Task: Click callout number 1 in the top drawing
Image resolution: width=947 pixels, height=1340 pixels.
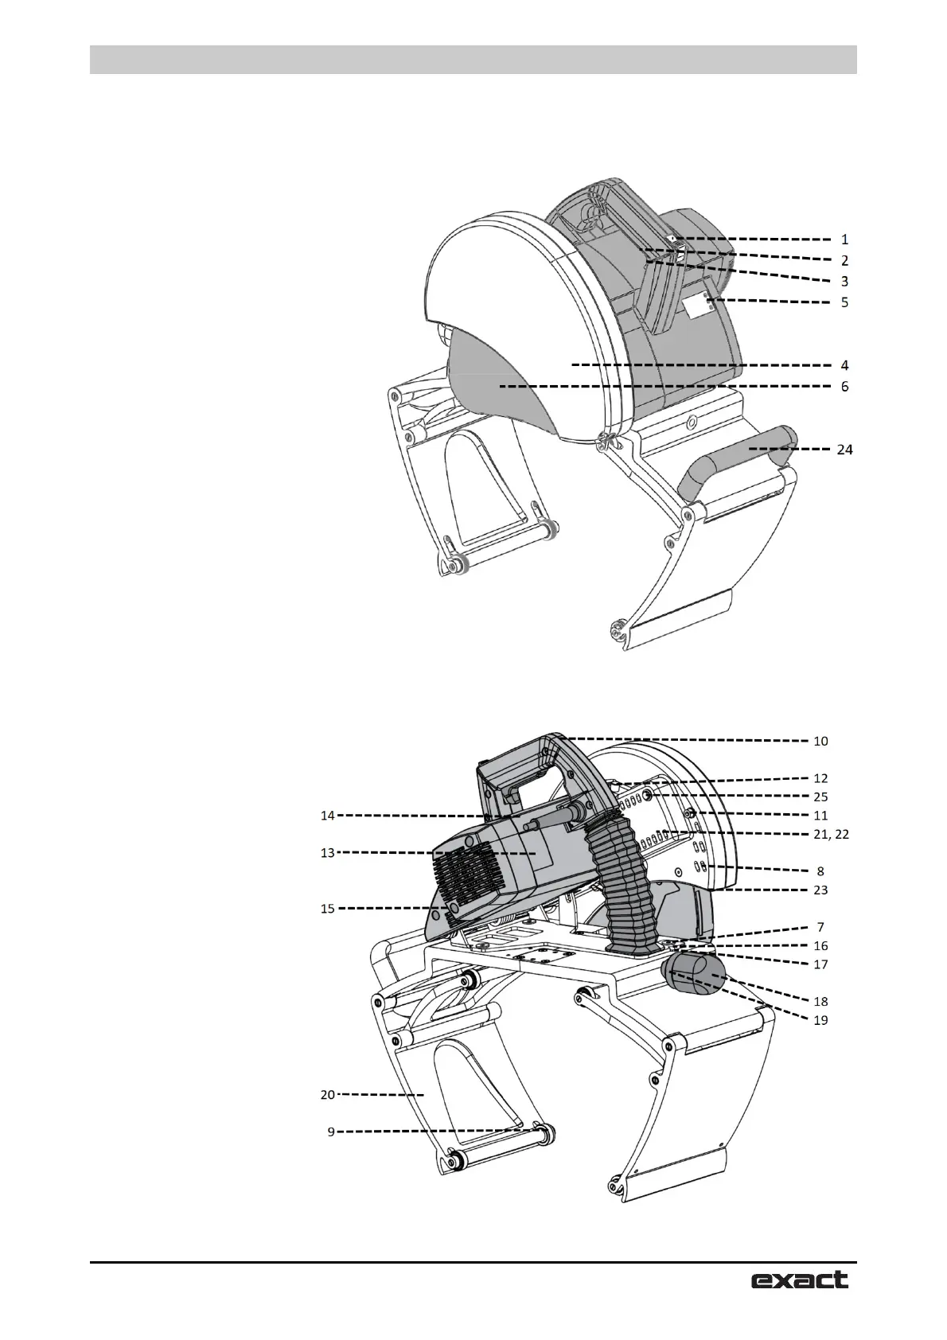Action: point(844,239)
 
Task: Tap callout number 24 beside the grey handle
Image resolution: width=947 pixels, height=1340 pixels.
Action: point(844,450)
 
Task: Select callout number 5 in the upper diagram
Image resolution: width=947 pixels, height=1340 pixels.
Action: point(844,302)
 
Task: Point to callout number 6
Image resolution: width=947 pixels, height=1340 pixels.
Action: point(844,387)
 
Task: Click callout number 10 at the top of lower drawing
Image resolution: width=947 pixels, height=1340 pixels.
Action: point(820,741)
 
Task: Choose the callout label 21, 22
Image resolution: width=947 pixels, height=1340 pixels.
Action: point(832,834)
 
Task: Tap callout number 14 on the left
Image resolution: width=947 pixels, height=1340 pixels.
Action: point(328,815)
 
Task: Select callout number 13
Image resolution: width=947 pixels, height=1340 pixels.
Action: point(328,853)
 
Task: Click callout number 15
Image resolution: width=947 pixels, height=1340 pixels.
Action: point(328,908)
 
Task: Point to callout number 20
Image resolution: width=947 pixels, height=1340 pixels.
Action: point(328,1095)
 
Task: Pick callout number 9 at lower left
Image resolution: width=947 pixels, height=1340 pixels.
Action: point(331,1132)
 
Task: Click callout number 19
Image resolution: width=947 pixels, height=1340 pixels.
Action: point(820,1019)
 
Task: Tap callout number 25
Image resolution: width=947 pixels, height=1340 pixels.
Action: point(820,797)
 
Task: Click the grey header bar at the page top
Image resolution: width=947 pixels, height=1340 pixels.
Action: point(473,60)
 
